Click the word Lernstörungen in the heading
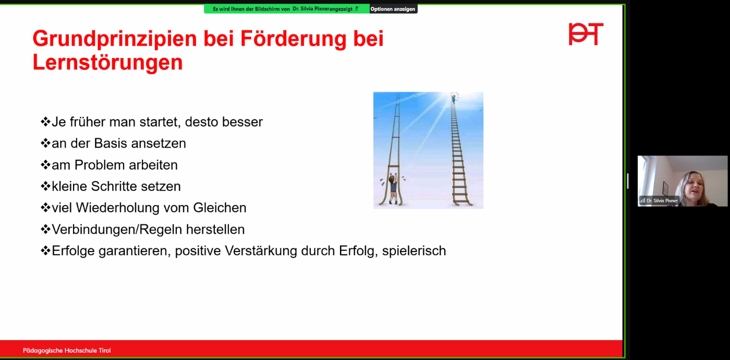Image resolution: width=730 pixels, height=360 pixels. (107, 62)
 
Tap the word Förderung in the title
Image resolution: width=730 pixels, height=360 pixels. (293, 39)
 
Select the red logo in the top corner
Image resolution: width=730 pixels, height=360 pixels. (586, 34)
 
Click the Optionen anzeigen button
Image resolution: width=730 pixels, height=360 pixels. (393, 9)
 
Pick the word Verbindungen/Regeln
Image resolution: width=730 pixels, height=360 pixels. (117, 230)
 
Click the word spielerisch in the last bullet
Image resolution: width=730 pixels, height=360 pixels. (414, 251)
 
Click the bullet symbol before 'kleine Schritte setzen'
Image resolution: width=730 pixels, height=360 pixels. (45, 186)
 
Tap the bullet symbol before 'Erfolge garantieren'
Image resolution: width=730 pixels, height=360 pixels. (45, 250)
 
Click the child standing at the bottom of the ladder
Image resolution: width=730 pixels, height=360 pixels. (393, 189)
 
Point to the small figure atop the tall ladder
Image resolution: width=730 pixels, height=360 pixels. (453, 98)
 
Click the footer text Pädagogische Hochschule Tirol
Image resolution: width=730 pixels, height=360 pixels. (67, 351)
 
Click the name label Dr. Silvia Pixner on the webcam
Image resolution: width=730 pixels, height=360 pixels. (662, 200)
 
